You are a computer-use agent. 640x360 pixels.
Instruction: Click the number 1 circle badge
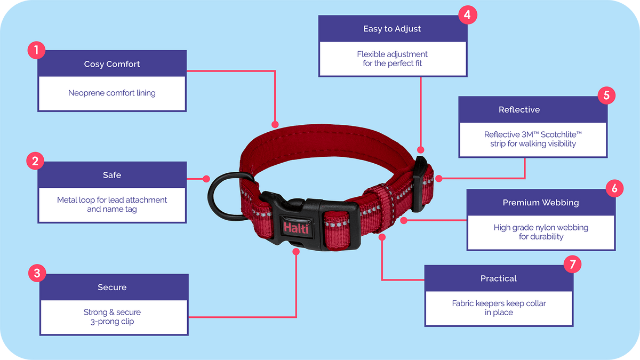tap(36, 51)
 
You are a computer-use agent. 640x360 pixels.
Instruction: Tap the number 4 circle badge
tap(467, 14)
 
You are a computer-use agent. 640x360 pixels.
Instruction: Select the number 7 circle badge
tap(572, 263)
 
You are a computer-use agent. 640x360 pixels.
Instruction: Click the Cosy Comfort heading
tap(112, 64)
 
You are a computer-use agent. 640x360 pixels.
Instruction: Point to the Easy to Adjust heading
tap(392, 29)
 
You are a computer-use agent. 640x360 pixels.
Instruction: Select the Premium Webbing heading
tap(540, 203)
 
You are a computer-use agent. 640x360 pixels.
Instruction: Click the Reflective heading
tap(519, 110)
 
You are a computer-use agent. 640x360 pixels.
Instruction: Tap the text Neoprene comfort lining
tap(112, 93)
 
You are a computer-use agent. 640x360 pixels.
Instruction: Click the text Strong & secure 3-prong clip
tap(112, 317)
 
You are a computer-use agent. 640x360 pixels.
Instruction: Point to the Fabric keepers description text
tap(499, 308)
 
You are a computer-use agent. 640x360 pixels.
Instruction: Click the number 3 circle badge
tap(36, 274)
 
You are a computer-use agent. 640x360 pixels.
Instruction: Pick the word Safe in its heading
tap(112, 175)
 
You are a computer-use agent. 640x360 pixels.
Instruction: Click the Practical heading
tap(499, 278)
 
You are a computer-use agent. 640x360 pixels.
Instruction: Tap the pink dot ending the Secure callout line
tap(297, 250)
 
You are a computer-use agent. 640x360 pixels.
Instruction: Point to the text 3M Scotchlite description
tap(533, 139)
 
